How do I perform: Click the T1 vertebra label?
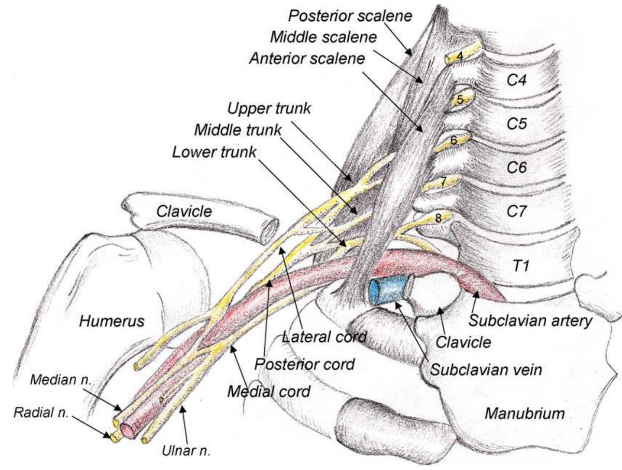520,265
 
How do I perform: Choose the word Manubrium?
524,413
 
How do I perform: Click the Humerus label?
112,321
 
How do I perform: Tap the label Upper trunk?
269,109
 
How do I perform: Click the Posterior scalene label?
350,15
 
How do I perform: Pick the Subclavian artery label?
530,320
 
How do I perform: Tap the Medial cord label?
269,391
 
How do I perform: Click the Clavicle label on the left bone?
184,211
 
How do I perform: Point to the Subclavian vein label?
486,370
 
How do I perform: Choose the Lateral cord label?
324,336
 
